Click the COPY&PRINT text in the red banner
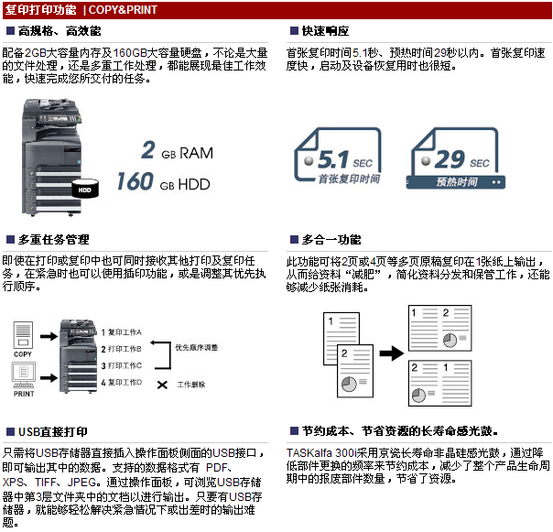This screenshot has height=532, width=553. [123, 9]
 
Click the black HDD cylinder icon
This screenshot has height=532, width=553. [85, 189]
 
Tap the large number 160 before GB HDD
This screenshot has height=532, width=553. [136, 181]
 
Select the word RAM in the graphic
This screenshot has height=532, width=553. [197, 153]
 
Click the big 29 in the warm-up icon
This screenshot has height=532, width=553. [450, 159]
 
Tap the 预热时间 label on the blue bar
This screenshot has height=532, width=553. [457, 182]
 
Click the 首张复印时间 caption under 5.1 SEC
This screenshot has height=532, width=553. [349, 179]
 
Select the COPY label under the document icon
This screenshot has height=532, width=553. [23, 354]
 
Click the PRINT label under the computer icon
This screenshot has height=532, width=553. [24, 394]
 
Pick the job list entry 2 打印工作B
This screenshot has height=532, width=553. [122, 349]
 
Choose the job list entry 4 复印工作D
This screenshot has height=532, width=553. [122, 382]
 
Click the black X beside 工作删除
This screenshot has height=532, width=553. [162, 385]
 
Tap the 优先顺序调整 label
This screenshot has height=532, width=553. [197, 348]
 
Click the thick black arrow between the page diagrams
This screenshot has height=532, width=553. [392, 353]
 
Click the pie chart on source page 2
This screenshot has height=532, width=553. [349, 385]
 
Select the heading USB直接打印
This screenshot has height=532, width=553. [53, 432]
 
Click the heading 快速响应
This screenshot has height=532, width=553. [325, 31]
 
